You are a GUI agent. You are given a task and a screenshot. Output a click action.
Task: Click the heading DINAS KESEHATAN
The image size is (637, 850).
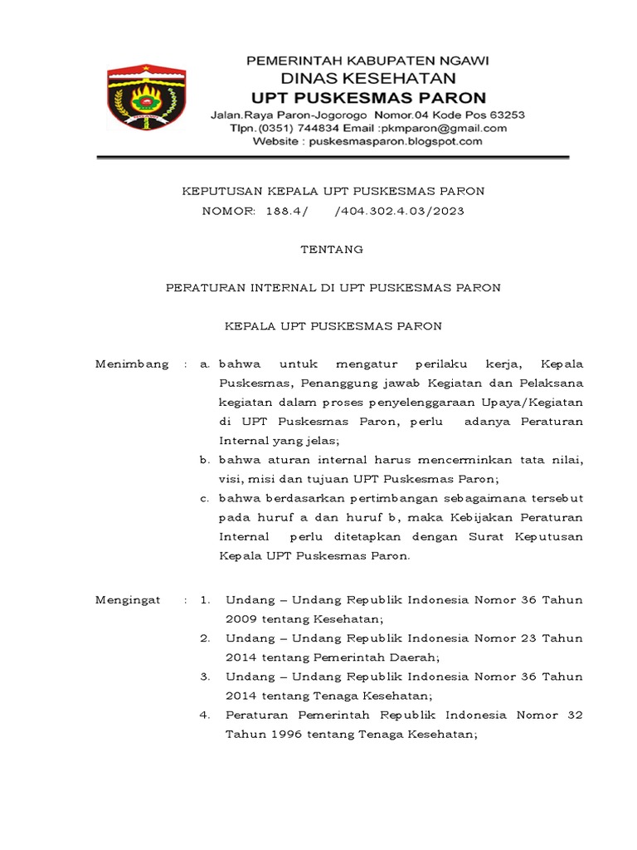click(368, 79)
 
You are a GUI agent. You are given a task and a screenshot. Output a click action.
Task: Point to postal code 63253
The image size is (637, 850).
click(504, 115)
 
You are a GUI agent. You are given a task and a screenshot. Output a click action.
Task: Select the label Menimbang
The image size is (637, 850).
click(132, 364)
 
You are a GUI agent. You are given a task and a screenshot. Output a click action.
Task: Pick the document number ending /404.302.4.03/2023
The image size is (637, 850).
click(399, 212)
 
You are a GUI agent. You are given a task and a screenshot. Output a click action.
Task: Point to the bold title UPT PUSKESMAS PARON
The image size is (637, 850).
click(368, 98)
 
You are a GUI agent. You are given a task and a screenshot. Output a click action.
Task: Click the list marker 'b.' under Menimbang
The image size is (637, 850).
click(205, 459)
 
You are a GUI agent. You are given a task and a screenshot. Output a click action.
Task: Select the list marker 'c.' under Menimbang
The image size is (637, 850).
click(205, 498)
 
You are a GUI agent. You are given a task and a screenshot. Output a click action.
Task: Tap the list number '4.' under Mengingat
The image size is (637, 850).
click(204, 715)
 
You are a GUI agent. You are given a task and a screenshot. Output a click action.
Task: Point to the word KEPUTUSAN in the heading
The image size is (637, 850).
click(218, 191)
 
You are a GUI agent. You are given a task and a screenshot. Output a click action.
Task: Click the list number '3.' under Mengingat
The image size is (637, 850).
click(204, 677)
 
